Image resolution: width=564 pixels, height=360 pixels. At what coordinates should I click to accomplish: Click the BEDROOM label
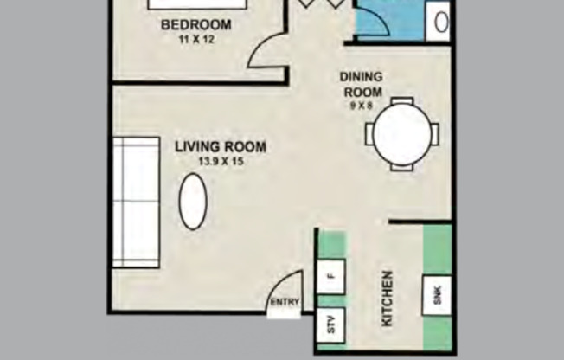click(x=195, y=23)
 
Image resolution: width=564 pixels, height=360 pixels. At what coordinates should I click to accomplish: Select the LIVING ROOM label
click(x=221, y=147)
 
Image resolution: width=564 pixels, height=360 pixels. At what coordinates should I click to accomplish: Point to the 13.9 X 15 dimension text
click(x=221, y=161)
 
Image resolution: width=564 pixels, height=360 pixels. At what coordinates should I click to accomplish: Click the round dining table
click(x=402, y=134)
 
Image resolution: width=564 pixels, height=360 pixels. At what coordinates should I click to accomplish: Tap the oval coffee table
click(x=193, y=202)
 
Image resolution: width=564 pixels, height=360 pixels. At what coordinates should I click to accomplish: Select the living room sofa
click(x=137, y=201)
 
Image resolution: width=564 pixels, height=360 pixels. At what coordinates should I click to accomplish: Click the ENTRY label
click(x=285, y=303)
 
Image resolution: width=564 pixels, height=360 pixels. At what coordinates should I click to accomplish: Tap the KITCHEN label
click(x=388, y=299)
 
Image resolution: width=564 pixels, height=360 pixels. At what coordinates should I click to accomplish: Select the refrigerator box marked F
click(x=330, y=276)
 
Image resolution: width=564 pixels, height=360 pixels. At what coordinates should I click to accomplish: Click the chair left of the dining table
click(x=369, y=134)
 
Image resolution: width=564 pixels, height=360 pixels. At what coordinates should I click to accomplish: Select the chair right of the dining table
click(x=435, y=134)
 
